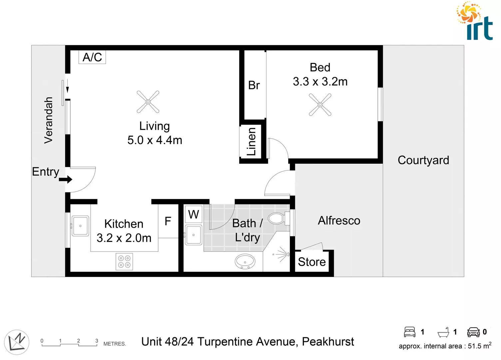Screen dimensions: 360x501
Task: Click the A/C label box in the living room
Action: [92, 57]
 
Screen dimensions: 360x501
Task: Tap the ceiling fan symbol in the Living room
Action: [148, 102]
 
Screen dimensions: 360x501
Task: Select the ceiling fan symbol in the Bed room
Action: [320, 105]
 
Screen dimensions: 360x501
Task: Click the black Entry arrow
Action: [66, 180]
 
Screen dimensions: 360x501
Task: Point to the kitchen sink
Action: [80, 226]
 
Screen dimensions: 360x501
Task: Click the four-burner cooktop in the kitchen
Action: [124, 262]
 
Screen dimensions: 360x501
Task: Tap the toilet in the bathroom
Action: [276, 219]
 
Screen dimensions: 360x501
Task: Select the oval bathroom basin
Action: [245, 262]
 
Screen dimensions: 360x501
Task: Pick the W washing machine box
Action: [194, 214]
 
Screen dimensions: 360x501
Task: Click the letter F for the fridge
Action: [168, 221]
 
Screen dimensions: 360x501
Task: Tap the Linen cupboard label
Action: [251, 141]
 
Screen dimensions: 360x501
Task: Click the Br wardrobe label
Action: [254, 85]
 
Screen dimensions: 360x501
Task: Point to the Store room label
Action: [312, 262]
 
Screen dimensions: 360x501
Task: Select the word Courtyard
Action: [423, 160]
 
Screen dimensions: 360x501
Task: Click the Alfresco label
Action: [339, 221]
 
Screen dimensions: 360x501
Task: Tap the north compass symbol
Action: [17, 342]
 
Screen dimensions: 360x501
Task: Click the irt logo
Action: [475, 22]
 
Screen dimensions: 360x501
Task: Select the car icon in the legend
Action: [473, 332]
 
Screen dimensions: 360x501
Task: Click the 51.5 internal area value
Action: [474, 346]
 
